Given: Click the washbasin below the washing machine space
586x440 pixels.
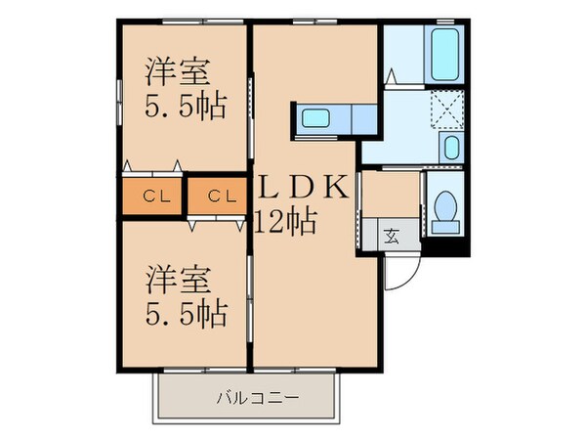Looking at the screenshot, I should coord(450,150).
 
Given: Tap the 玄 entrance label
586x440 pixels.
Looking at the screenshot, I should coord(391,235).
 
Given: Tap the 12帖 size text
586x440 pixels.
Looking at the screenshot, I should coord(284,222).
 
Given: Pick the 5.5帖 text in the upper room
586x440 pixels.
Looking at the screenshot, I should coord(186,106).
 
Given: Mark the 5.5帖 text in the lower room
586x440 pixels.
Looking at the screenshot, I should coord(187,313).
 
